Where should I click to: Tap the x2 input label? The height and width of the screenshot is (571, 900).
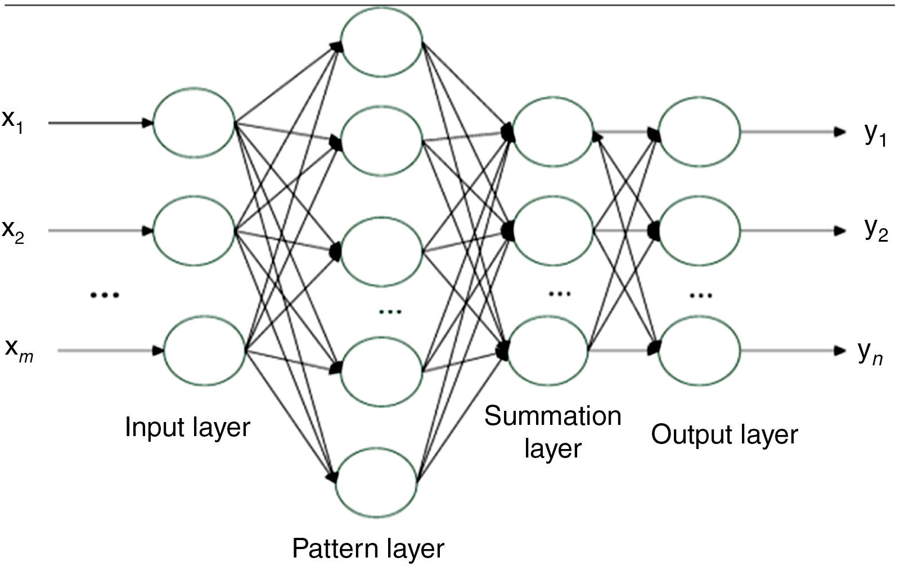[12, 231]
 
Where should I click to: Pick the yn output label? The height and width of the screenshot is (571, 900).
[870, 353]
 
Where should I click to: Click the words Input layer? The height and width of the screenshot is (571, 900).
[187, 427]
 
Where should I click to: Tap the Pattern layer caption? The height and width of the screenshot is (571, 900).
[368, 548]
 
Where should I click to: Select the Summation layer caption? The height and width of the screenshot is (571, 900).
[552, 432]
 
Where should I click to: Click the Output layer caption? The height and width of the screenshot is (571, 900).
[724, 434]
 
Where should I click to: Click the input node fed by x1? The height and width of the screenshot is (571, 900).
[193, 123]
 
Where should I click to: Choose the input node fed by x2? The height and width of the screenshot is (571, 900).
[193, 230]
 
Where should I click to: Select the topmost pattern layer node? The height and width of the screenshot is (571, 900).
[382, 42]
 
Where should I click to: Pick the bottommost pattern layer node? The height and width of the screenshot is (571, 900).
[377, 482]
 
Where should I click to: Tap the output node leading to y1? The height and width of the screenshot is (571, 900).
[699, 132]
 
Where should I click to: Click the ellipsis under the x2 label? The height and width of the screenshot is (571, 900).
[105, 294]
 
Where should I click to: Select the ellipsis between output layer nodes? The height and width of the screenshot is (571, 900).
[701, 294]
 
